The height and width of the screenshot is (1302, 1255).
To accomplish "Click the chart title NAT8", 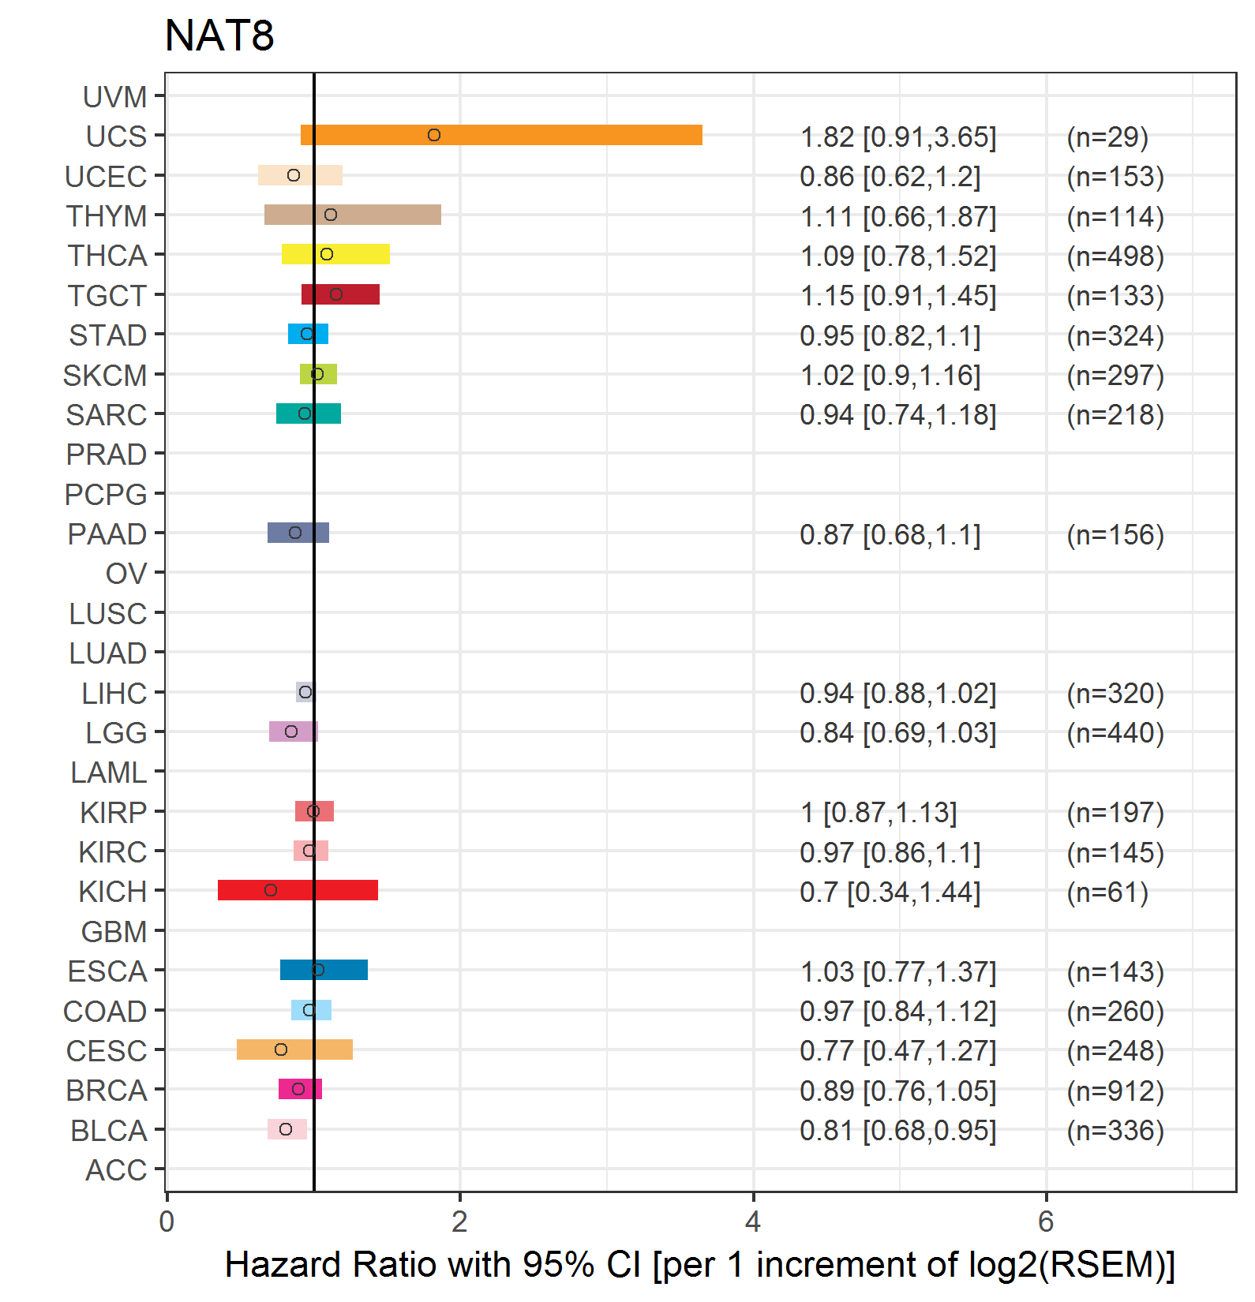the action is [219, 36].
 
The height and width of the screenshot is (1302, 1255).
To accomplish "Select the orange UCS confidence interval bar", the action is [501, 135].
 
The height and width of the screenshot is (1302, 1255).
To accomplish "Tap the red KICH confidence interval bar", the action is [298, 890].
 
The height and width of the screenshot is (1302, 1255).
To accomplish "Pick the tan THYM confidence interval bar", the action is [353, 215].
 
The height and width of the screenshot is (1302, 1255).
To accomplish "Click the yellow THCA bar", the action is [335, 254].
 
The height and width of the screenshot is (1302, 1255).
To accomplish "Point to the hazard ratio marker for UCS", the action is [434, 135].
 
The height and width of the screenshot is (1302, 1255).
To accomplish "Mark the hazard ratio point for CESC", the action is [281, 1049].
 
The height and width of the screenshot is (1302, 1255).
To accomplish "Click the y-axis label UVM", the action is [115, 97].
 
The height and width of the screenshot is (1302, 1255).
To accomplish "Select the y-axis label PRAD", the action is [107, 455].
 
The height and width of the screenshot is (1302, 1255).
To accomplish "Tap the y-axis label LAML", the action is [109, 773].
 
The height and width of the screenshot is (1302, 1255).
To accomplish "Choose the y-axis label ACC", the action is [116, 1170].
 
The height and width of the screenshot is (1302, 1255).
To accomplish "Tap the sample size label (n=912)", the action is [1115, 1091].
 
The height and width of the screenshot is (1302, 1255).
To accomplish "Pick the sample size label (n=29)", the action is [1107, 137].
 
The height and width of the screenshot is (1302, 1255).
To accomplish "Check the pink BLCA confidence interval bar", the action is [287, 1129].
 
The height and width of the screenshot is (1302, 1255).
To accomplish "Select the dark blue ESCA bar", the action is [324, 970].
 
